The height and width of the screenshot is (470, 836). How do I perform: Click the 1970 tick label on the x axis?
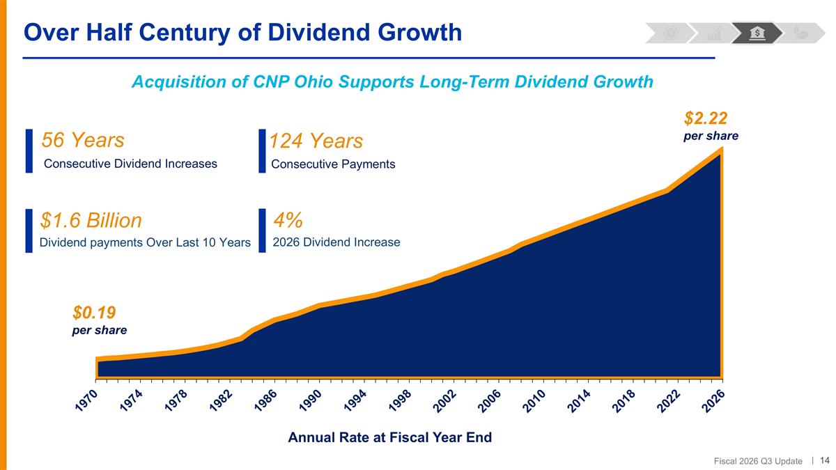(86, 401)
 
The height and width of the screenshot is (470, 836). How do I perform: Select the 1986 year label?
(265, 401)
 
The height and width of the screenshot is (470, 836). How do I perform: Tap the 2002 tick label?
(445, 401)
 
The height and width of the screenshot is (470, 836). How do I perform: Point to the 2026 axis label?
(713, 401)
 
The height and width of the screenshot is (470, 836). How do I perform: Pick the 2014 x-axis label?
(579, 401)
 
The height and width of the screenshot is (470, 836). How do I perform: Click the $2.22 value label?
(705, 118)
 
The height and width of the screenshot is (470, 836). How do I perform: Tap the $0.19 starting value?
(94, 312)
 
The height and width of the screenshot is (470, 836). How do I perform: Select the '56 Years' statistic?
(83, 140)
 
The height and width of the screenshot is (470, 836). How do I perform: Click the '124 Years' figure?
(316, 141)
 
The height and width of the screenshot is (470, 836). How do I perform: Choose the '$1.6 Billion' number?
(91, 220)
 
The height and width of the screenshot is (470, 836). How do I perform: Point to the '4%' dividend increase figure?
(288, 220)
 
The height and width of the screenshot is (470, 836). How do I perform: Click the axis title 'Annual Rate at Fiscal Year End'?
(390, 437)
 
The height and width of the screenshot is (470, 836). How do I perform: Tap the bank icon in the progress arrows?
(757, 33)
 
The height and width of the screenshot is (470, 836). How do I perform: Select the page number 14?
(824, 460)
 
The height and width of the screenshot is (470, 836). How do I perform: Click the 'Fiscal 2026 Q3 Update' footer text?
(758, 462)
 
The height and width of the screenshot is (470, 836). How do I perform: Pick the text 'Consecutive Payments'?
(333, 164)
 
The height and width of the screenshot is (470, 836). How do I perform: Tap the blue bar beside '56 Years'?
(29, 151)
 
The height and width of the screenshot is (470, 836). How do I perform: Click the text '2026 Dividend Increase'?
(336, 242)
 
